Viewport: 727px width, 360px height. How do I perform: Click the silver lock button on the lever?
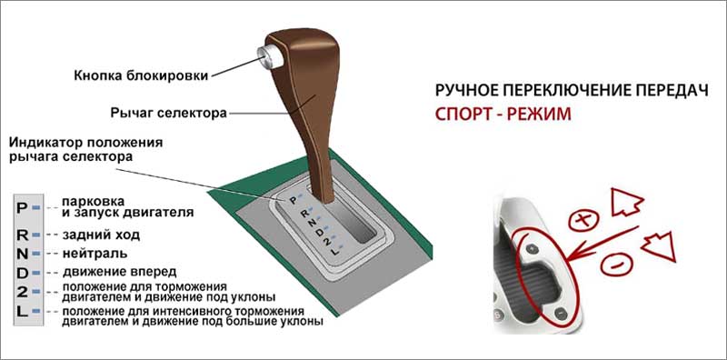[270, 56]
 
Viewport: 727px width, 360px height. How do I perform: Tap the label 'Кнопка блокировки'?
[141, 76]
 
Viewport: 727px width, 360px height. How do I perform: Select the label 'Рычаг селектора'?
[169, 113]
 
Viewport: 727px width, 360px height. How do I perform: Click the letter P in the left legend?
[22, 208]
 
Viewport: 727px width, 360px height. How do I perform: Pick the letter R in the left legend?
[22, 235]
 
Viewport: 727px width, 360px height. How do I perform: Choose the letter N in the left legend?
[22, 255]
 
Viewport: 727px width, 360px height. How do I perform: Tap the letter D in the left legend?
[22, 274]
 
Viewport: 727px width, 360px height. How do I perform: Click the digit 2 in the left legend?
[22, 292]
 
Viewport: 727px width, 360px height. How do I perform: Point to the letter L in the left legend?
[22, 311]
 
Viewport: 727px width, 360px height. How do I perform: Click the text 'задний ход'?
[101, 235]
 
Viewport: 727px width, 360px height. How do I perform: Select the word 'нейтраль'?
[95, 255]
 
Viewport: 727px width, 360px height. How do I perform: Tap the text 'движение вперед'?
[120, 271]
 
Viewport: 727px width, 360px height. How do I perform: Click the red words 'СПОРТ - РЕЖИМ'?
[503, 115]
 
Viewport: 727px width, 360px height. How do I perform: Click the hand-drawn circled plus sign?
[583, 220]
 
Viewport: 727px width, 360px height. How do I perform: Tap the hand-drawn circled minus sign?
[616, 265]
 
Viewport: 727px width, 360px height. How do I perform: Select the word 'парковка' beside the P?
[94, 202]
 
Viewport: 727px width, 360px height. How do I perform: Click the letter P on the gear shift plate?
[293, 200]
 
